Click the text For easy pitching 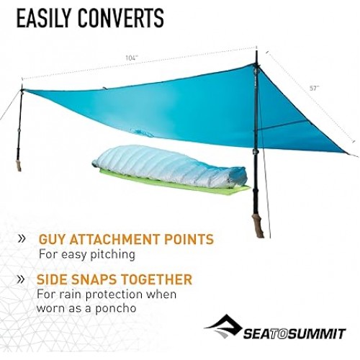click(x=86, y=254)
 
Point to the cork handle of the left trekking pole click(x=18, y=165)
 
